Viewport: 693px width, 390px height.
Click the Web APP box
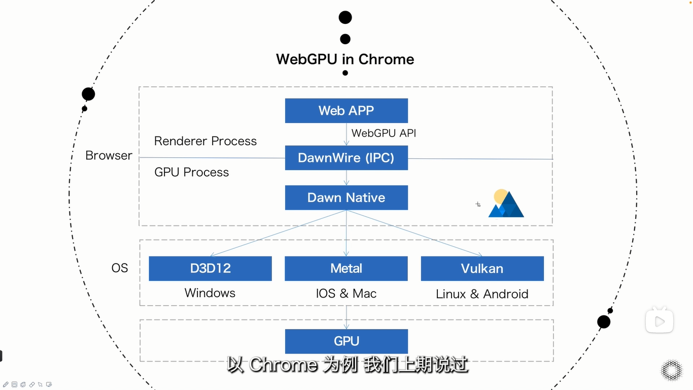[346, 111]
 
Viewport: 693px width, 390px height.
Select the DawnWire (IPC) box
[346, 158]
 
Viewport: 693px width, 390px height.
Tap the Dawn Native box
[346, 198]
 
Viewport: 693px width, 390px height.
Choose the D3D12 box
[210, 269]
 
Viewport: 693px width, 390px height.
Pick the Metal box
[346, 269]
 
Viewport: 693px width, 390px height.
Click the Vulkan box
[482, 269]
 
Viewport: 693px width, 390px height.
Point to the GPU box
[346, 341]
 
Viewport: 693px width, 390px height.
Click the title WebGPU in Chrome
[345, 59]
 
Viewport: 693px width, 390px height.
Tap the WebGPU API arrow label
[384, 133]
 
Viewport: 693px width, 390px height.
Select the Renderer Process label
[205, 141]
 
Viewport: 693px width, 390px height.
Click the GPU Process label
[192, 173]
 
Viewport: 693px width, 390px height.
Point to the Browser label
[109, 155]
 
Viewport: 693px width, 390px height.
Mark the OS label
[120, 268]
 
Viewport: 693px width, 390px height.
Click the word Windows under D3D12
[210, 293]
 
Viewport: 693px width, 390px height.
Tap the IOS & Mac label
[346, 294]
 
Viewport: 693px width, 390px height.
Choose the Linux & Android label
[482, 294]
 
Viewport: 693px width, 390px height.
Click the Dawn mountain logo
[505, 204]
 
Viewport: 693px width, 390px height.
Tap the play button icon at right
[659, 321]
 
